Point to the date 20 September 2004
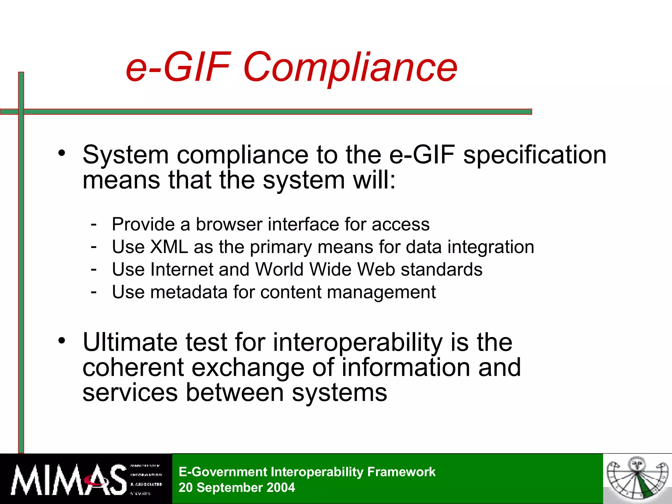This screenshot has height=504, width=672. [237, 488]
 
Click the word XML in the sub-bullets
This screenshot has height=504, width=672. [169, 247]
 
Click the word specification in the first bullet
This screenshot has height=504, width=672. [535, 155]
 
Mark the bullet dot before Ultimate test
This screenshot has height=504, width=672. [62, 340]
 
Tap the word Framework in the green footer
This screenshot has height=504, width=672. [401, 472]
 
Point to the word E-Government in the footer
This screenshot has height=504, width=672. [223, 472]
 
